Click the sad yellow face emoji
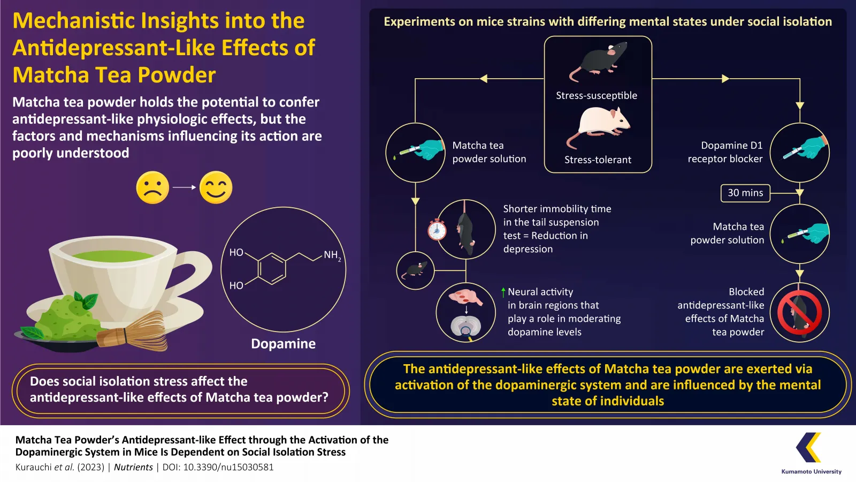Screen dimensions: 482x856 152,187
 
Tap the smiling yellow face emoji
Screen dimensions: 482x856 216,187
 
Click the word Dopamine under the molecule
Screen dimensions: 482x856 283,344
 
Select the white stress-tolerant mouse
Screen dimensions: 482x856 600,126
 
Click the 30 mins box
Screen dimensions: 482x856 745,193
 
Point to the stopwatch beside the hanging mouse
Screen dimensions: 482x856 437,230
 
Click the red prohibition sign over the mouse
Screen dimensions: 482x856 799,313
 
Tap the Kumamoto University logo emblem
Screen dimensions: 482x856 808,447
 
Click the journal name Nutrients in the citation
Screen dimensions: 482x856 133,467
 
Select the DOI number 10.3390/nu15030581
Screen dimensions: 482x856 228,467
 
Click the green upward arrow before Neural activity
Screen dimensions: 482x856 503,292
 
